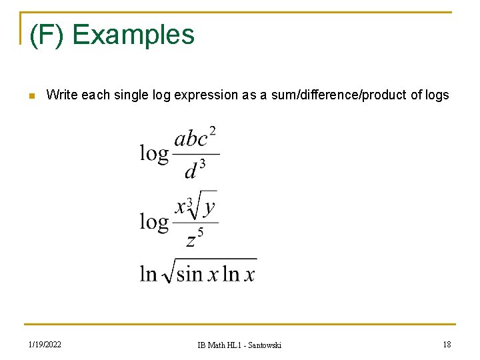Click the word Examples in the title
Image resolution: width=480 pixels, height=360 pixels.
click(x=133, y=35)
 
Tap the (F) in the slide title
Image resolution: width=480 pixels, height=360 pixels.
click(x=47, y=35)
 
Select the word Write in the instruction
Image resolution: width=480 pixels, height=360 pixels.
click(x=61, y=95)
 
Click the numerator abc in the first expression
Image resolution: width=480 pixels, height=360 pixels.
click(x=191, y=139)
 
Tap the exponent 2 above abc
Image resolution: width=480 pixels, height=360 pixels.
click(x=213, y=131)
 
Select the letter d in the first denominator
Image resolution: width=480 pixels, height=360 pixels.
click(x=191, y=171)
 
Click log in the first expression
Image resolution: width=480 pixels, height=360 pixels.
click(x=154, y=153)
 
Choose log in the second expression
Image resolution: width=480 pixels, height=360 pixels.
click(x=154, y=221)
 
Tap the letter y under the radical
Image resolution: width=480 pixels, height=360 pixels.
click(x=209, y=207)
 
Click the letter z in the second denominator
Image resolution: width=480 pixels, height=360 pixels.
click(x=191, y=239)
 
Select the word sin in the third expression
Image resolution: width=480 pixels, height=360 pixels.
click(x=189, y=273)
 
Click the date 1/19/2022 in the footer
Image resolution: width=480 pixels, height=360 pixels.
click(x=45, y=344)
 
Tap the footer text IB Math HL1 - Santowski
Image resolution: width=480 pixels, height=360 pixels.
click(x=239, y=345)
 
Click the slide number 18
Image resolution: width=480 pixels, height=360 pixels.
click(x=446, y=344)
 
